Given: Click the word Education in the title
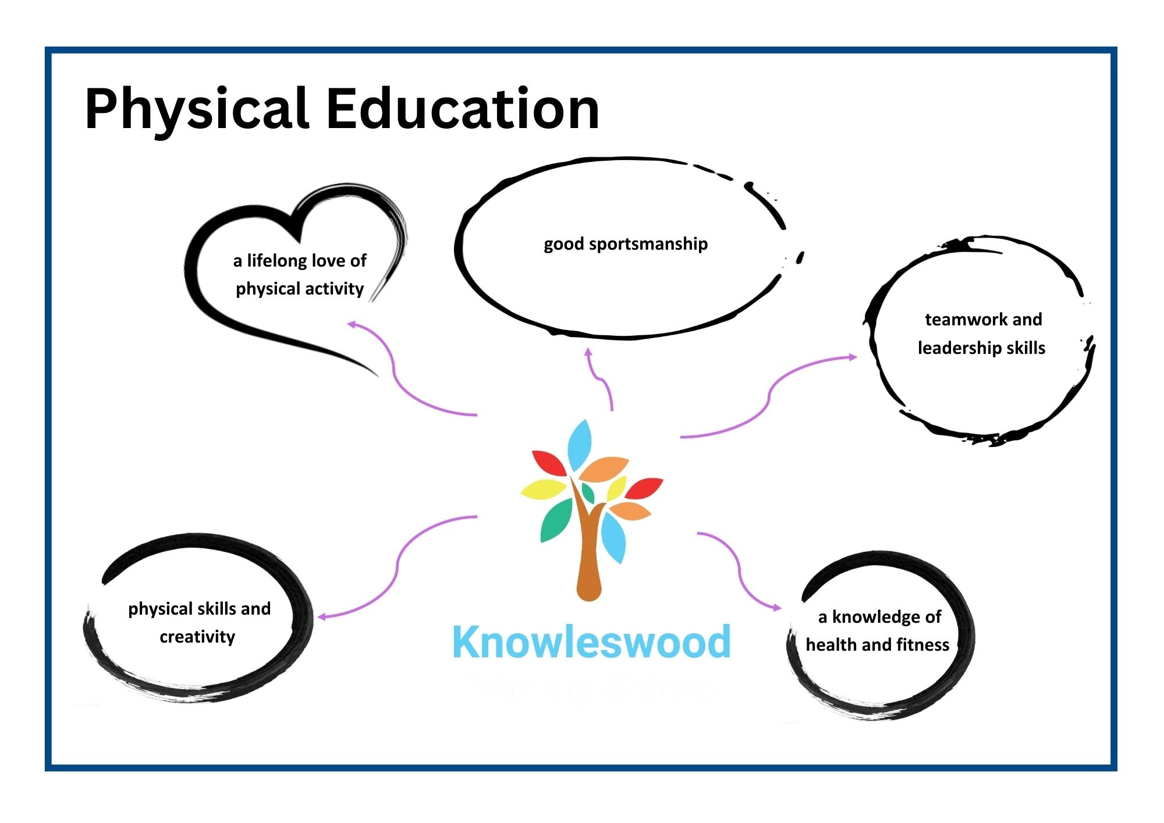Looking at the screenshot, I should tap(463, 108).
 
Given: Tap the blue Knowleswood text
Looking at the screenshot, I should tap(591, 641).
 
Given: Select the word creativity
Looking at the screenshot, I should tap(197, 637).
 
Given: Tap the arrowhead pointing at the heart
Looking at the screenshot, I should tap(352, 324).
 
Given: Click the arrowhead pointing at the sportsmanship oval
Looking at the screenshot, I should tap(588, 352).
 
